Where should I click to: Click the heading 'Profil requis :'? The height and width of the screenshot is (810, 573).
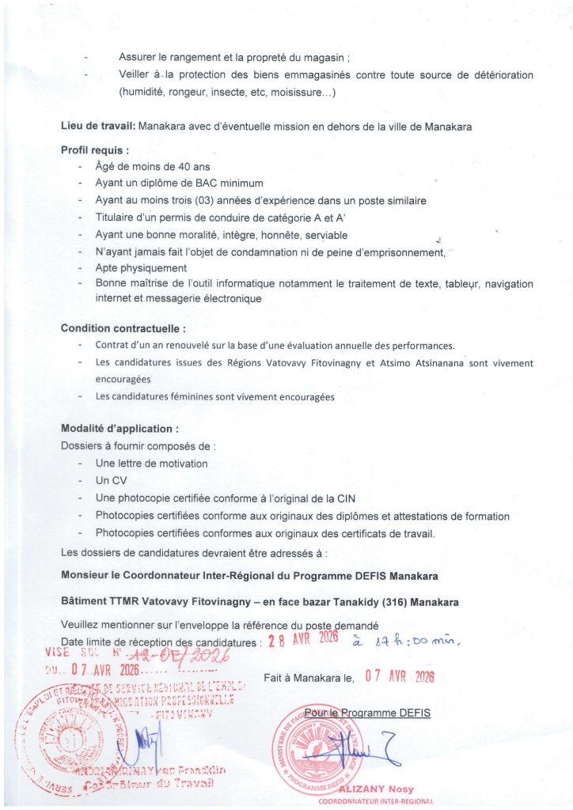(x=95, y=150)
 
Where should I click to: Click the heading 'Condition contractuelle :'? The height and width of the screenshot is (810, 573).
(x=123, y=327)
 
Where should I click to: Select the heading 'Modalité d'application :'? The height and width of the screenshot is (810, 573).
(x=120, y=428)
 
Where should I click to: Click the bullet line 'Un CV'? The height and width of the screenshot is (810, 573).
(x=111, y=480)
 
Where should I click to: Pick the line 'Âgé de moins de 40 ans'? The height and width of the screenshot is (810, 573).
(x=153, y=166)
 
